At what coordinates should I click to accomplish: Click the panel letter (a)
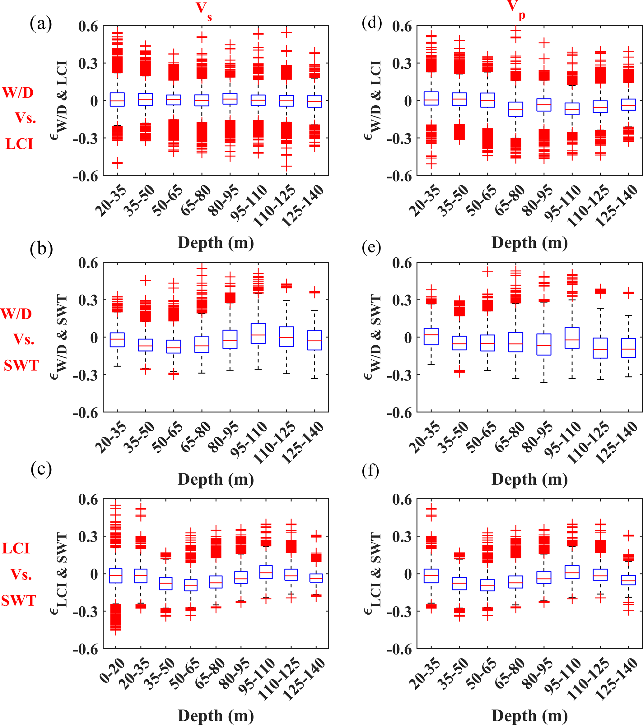point(41,24)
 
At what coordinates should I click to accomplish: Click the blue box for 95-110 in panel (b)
point(258,333)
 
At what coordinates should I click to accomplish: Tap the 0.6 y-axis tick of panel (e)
point(402,264)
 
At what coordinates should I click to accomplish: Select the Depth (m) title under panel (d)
point(529,243)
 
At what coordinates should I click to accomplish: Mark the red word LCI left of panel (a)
point(20,144)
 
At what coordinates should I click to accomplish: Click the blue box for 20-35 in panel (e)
point(431,337)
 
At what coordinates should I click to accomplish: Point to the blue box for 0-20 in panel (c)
point(116,576)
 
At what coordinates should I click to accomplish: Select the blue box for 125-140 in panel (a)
point(315,101)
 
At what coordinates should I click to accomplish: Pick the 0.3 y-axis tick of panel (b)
point(88,300)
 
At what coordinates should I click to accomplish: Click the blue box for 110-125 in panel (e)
point(600,348)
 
